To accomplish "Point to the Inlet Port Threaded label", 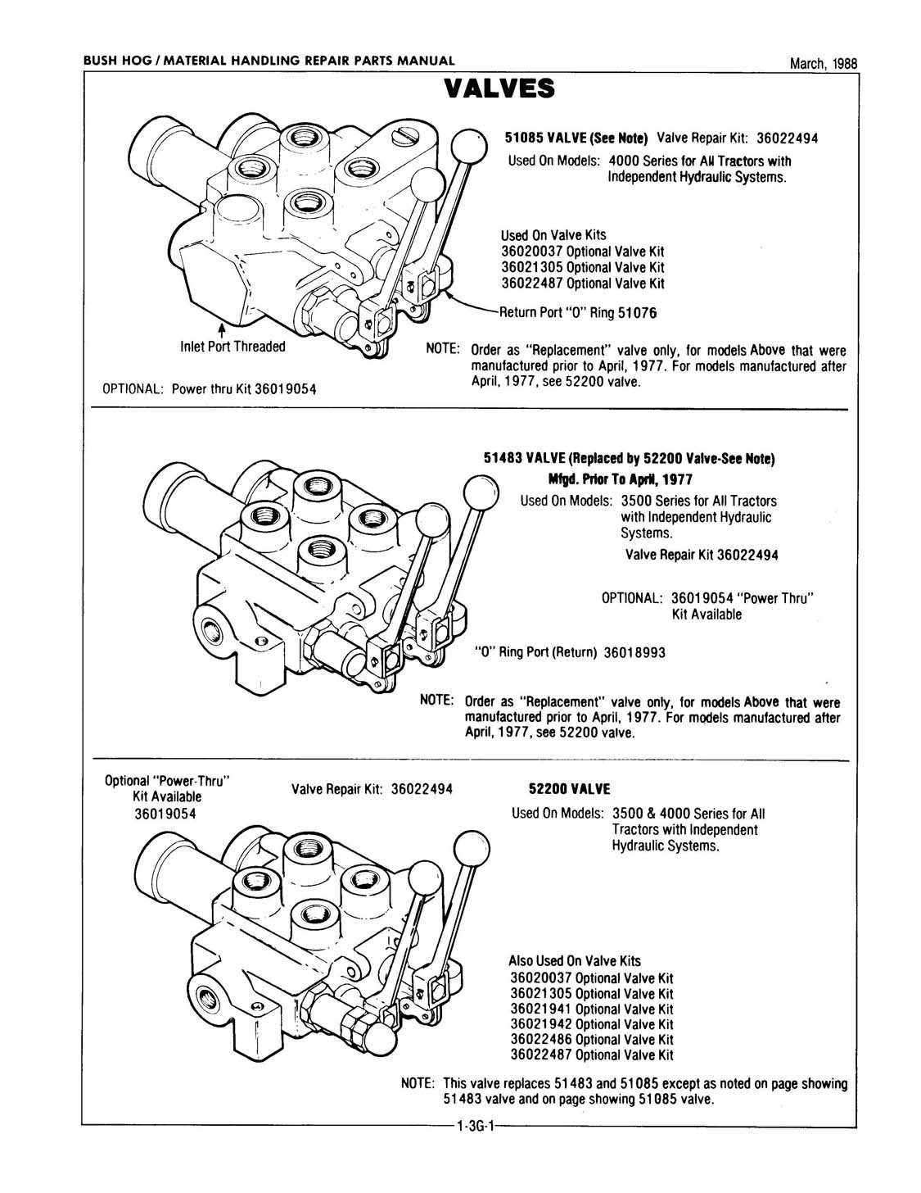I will click(233, 347).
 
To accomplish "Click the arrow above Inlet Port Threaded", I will click(220, 330).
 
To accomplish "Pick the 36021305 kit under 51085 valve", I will click(582, 267).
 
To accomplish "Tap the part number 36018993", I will click(634, 652).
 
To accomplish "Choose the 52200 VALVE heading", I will click(571, 789).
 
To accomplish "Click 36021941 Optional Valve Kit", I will click(591, 1009).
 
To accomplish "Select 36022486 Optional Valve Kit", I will click(591, 1039).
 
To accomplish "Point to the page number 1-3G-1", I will click(474, 1127).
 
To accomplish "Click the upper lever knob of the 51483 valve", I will click(481, 495).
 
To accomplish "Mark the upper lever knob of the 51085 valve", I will click(469, 143).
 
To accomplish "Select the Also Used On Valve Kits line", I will click(575, 961).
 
